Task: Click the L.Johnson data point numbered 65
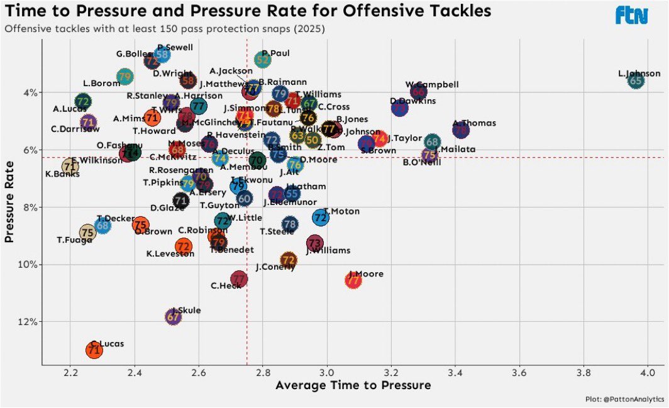pos(636,80)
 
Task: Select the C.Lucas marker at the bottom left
pos(94,351)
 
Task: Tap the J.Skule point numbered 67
pos(173,317)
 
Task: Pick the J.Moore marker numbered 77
pos(354,281)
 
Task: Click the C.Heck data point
pos(238,278)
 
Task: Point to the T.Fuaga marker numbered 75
pos(88,233)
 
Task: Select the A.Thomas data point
pos(461,130)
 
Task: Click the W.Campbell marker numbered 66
pos(419,92)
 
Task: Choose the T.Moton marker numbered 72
pos(321,218)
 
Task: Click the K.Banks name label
pos(62,174)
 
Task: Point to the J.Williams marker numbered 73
pos(315,243)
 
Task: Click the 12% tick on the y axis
pos(29,322)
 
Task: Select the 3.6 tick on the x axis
pos(519,372)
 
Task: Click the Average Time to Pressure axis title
pos(353,385)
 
